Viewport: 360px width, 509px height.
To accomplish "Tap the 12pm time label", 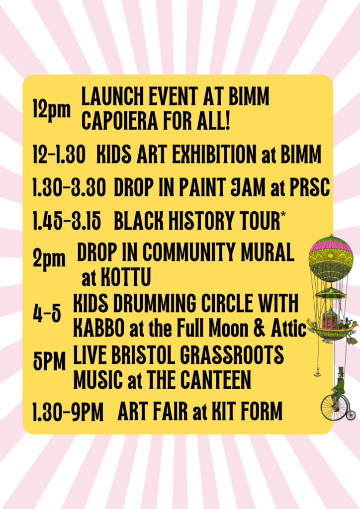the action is pos(52,109).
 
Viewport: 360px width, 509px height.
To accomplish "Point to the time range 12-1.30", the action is pos(59,154).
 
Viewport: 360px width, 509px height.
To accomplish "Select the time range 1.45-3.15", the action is pos(67,221).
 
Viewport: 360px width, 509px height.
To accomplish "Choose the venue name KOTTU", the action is pos(126,277).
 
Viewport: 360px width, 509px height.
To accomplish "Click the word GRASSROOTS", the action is pos(232,354).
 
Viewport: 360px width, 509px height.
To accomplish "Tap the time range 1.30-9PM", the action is pos(68,412).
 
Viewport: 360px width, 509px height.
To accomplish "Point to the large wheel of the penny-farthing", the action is pos(331,408).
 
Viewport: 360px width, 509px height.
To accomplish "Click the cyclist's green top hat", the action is pos(341,371).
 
